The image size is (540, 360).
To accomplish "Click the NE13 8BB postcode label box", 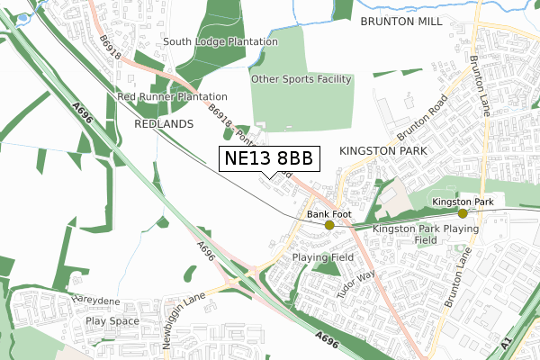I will tap(269, 158).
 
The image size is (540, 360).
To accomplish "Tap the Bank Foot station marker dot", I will tap(329, 225).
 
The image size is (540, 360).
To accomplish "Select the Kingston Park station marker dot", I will tap(463, 213).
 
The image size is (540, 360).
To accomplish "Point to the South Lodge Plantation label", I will tap(220, 41).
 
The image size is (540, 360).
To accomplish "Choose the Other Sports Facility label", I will tap(301, 79).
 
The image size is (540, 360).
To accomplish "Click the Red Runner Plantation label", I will tap(172, 96).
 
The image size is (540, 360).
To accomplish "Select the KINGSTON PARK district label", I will tap(385, 152).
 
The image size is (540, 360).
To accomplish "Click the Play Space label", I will tap(112, 320).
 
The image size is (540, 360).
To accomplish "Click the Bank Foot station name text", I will tap(328, 214).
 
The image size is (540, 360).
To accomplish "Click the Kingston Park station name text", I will tap(463, 202).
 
